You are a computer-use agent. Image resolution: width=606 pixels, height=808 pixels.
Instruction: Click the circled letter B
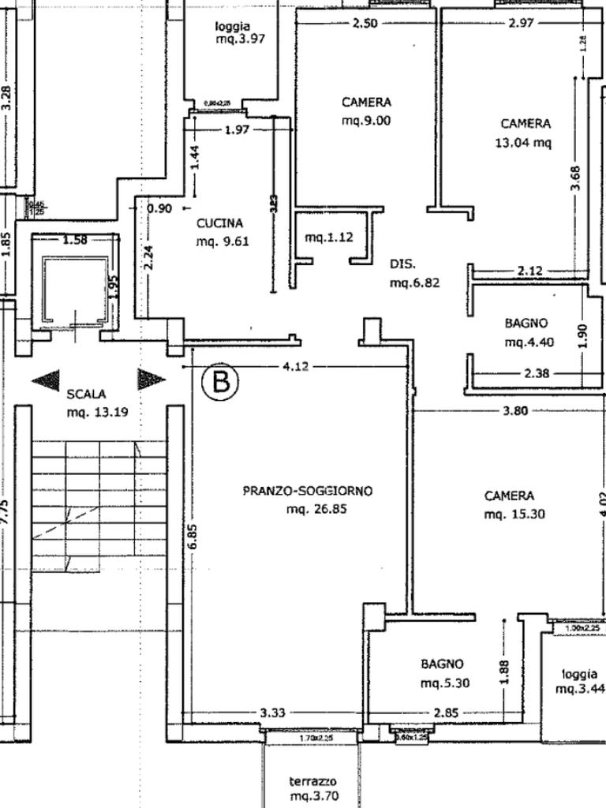tap(220, 381)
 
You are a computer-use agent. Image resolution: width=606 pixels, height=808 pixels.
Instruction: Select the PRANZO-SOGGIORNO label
tap(307, 491)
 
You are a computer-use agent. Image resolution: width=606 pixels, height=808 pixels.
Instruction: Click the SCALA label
tap(87, 393)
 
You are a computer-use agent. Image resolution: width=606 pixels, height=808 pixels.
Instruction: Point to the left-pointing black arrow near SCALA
tap(46, 380)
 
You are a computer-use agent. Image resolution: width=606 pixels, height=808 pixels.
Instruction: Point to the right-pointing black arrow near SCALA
tap(151, 380)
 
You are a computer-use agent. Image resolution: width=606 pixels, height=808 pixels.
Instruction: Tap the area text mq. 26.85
tap(316, 510)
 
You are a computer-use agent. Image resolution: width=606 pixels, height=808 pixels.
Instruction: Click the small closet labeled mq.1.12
tap(330, 238)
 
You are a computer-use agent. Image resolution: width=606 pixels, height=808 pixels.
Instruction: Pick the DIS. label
tap(402, 264)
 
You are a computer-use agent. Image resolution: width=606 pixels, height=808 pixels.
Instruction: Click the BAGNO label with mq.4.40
tap(526, 323)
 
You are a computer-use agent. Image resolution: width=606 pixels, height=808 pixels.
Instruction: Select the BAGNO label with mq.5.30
tap(442, 664)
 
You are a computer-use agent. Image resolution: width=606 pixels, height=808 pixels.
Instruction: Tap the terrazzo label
tap(313, 781)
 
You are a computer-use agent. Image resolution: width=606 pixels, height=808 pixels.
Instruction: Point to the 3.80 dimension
tap(514, 411)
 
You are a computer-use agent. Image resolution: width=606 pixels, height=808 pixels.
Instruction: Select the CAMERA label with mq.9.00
tap(366, 103)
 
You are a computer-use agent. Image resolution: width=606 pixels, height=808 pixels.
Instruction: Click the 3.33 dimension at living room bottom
tap(273, 713)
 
